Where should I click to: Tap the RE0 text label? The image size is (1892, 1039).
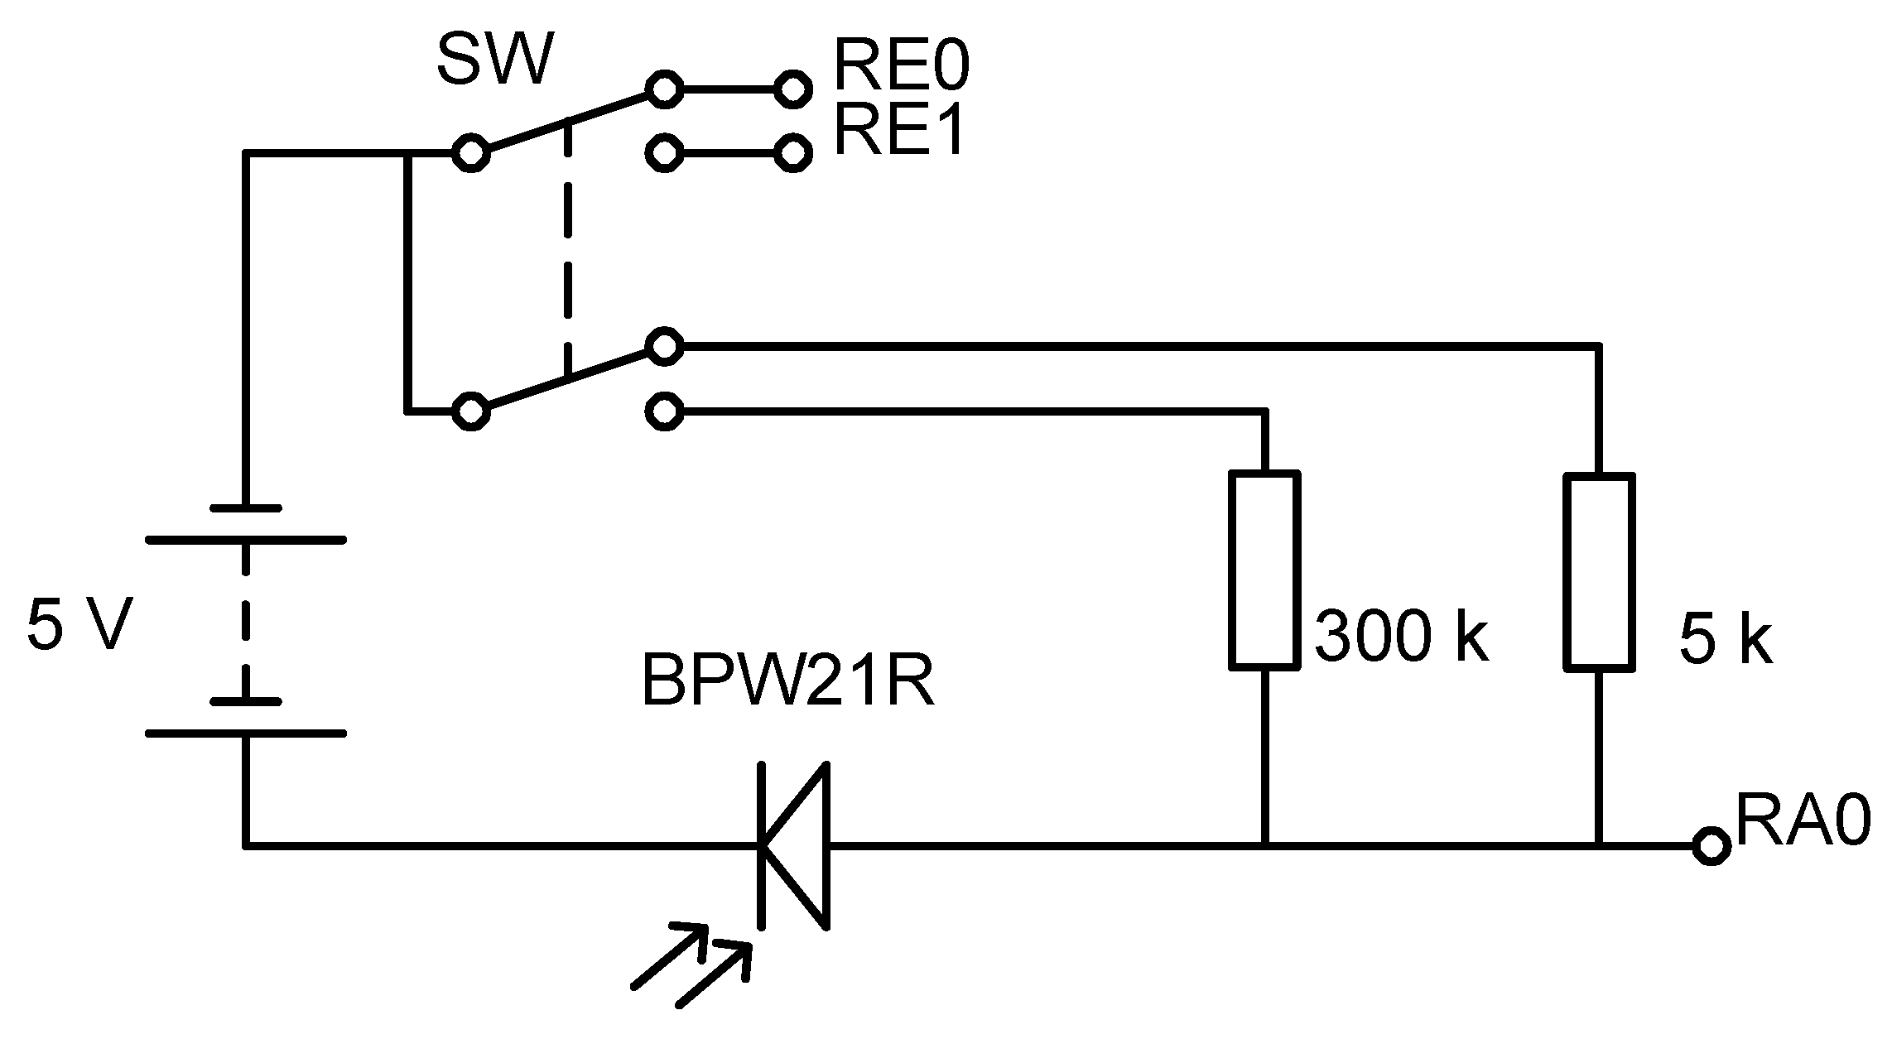tap(900, 66)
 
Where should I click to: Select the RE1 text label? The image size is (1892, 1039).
tap(898, 132)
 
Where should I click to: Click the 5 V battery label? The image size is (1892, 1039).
tap(79, 626)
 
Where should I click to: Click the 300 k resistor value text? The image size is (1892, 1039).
tap(1401, 637)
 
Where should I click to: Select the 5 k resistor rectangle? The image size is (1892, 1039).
tap(1599, 571)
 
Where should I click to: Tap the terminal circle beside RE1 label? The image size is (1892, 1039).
tap(792, 153)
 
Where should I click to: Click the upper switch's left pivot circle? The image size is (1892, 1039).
tap(471, 153)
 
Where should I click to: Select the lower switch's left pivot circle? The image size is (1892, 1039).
tap(471, 411)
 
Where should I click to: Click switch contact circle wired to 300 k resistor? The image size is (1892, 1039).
tap(663, 411)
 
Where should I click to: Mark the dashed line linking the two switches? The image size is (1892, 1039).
tap(567, 248)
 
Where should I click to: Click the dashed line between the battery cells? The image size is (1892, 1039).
tap(245, 621)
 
